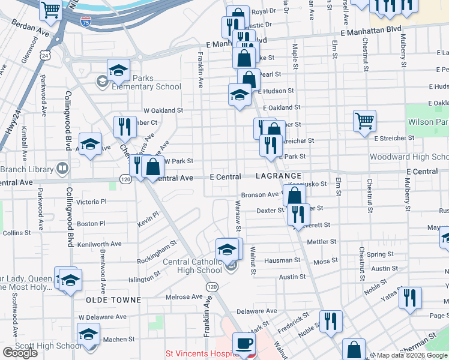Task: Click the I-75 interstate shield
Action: pos(86,22)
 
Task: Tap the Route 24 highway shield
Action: pos(46,55)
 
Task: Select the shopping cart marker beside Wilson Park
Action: pos(364,121)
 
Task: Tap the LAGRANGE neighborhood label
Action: pos(278,176)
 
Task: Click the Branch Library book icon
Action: pos(62,168)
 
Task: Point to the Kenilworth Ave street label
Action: pos(100,244)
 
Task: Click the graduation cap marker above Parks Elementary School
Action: pos(119,70)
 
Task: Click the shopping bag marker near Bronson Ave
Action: pos(294,196)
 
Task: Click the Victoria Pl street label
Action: pos(91,202)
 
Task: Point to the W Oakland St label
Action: pos(163,110)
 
